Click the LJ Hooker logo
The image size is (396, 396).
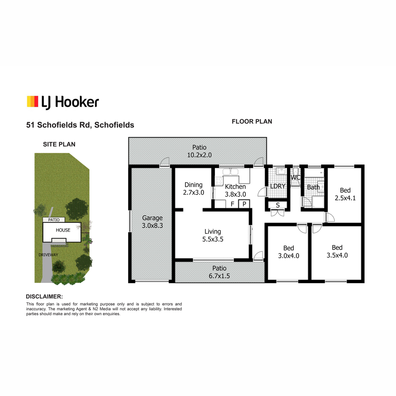click(x=63, y=102)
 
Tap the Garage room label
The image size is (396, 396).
click(x=152, y=218)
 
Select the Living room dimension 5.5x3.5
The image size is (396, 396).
click(x=213, y=239)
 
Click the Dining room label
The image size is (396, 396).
click(x=193, y=185)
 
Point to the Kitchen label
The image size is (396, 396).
click(x=235, y=186)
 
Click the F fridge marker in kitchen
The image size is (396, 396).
click(x=232, y=204)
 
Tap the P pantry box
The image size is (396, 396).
click(x=244, y=204)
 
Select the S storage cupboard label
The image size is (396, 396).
click(x=278, y=205)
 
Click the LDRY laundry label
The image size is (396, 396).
click(x=278, y=186)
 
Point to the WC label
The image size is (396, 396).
click(x=295, y=177)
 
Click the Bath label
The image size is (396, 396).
click(x=313, y=187)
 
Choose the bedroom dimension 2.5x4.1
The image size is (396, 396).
click(x=345, y=198)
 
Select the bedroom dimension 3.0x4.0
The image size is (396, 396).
click(x=288, y=256)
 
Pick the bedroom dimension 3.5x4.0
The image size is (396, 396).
click(x=337, y=255)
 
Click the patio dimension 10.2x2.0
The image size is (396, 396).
click(x=199, y=155)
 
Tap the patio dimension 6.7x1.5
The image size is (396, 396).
click(x=219, y=276)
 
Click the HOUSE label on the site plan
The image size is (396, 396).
click(x=63, y=230)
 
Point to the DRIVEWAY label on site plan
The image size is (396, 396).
click(x=48, y=255)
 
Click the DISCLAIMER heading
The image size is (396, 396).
click(x=45, y=297)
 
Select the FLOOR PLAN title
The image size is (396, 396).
click(x=252, y=121)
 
